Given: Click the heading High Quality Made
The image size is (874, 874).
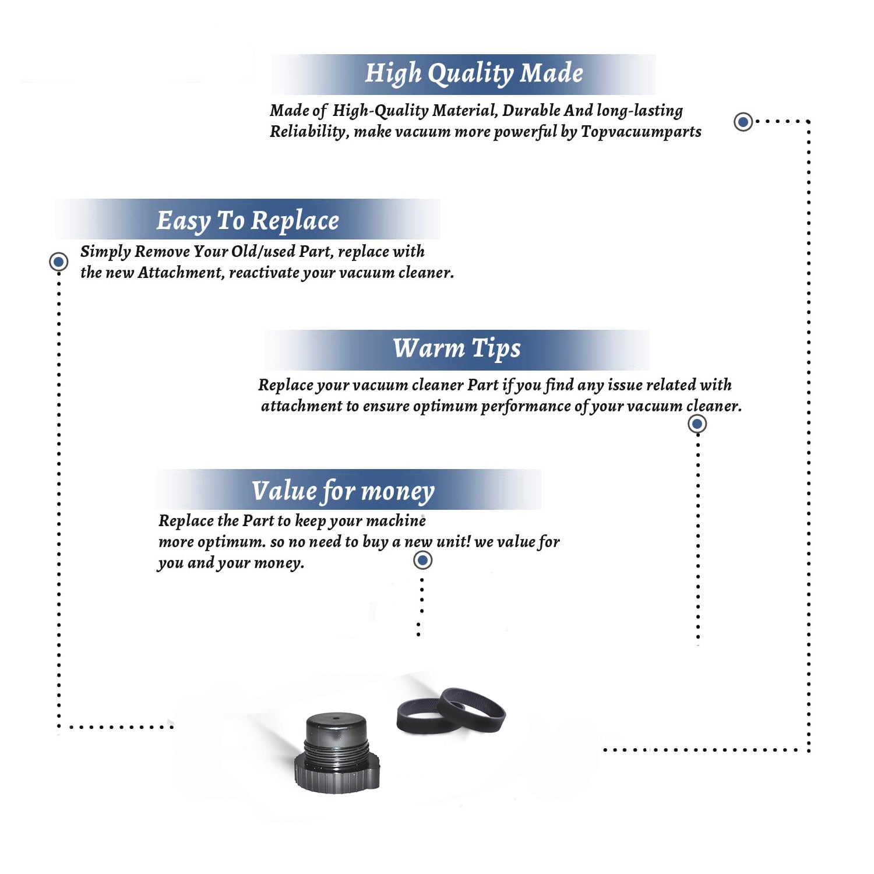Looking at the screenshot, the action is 474,74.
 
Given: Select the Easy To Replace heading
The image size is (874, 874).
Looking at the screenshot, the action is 248,221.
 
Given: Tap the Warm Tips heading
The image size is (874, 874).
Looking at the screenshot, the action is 457,348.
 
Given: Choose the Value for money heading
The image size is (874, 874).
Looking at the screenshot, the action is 343,491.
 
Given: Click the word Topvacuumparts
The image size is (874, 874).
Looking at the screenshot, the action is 641,132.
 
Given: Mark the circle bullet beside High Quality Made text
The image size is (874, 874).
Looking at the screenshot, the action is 743,122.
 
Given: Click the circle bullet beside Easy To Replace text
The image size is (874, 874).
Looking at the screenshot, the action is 58,262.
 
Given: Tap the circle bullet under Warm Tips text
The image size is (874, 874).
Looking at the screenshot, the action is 697,424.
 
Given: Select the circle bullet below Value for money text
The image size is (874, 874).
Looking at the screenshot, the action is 422,561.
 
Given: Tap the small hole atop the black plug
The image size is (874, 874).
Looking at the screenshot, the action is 336,718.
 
